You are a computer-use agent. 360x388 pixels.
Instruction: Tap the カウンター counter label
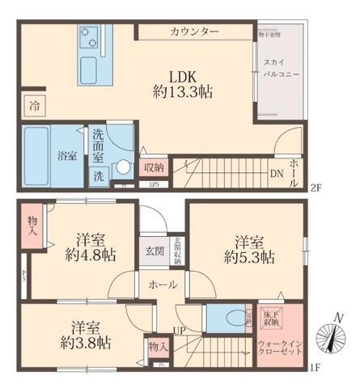pos(194,32)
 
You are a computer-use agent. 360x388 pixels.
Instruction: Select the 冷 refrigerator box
pos(34,104)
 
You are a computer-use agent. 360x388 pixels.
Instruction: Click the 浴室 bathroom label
pos(66,155)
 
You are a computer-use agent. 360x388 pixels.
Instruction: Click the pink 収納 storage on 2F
pos(155,167)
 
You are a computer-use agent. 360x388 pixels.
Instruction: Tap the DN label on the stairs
pos(275,173)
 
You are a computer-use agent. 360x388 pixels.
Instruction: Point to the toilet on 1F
pos(236,318)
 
